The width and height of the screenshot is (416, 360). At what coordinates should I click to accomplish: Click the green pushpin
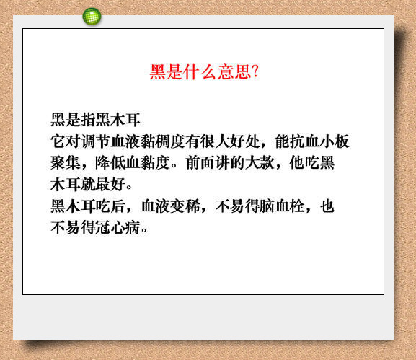pos(92,17)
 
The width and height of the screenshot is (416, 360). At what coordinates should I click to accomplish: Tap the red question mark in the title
pos(255,71)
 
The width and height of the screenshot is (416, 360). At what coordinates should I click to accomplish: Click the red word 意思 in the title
pos(234,71)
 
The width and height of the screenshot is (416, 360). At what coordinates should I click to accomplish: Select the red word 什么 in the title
pos(200,71)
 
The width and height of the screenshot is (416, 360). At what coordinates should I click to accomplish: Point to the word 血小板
pos(327,141)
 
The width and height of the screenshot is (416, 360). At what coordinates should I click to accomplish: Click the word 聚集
pos(66,163)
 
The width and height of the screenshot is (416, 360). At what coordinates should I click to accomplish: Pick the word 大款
pos(260,163)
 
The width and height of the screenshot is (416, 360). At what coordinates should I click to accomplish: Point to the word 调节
pos(95,141)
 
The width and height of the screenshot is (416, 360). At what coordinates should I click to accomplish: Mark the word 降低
pos(110,163)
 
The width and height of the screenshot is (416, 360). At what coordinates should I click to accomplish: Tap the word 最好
pos(110,184)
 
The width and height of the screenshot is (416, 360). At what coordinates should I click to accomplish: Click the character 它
pos(58,141)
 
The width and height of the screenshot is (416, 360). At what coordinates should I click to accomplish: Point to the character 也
pos(327,206)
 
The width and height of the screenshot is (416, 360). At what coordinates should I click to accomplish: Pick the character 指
pos(88,120)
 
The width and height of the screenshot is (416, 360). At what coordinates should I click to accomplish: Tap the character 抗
pos(297,141)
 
